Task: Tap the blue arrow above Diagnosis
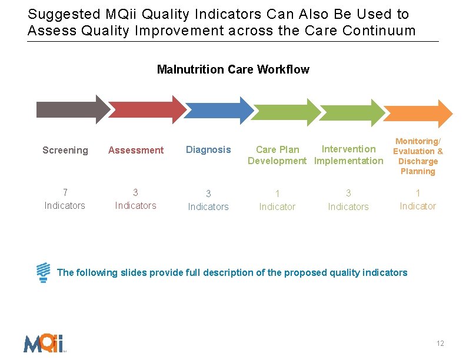(x=215, y=109)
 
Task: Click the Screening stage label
(x=65, y=151)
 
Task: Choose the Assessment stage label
(x=136, y=151)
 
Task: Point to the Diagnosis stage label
(x=208, y=150)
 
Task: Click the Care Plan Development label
(x=277, y=155)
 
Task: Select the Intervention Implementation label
(x=348, y=155)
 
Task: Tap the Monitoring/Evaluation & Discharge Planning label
(x=418, y=156)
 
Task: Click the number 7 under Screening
(x=65, y=192)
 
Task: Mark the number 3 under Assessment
(x=135, y=192)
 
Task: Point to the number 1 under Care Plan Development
(x=277, y=194)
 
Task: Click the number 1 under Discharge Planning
(x=418, y=193)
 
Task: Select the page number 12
(x=440, y=344)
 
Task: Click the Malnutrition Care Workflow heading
(x=233, y=70)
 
